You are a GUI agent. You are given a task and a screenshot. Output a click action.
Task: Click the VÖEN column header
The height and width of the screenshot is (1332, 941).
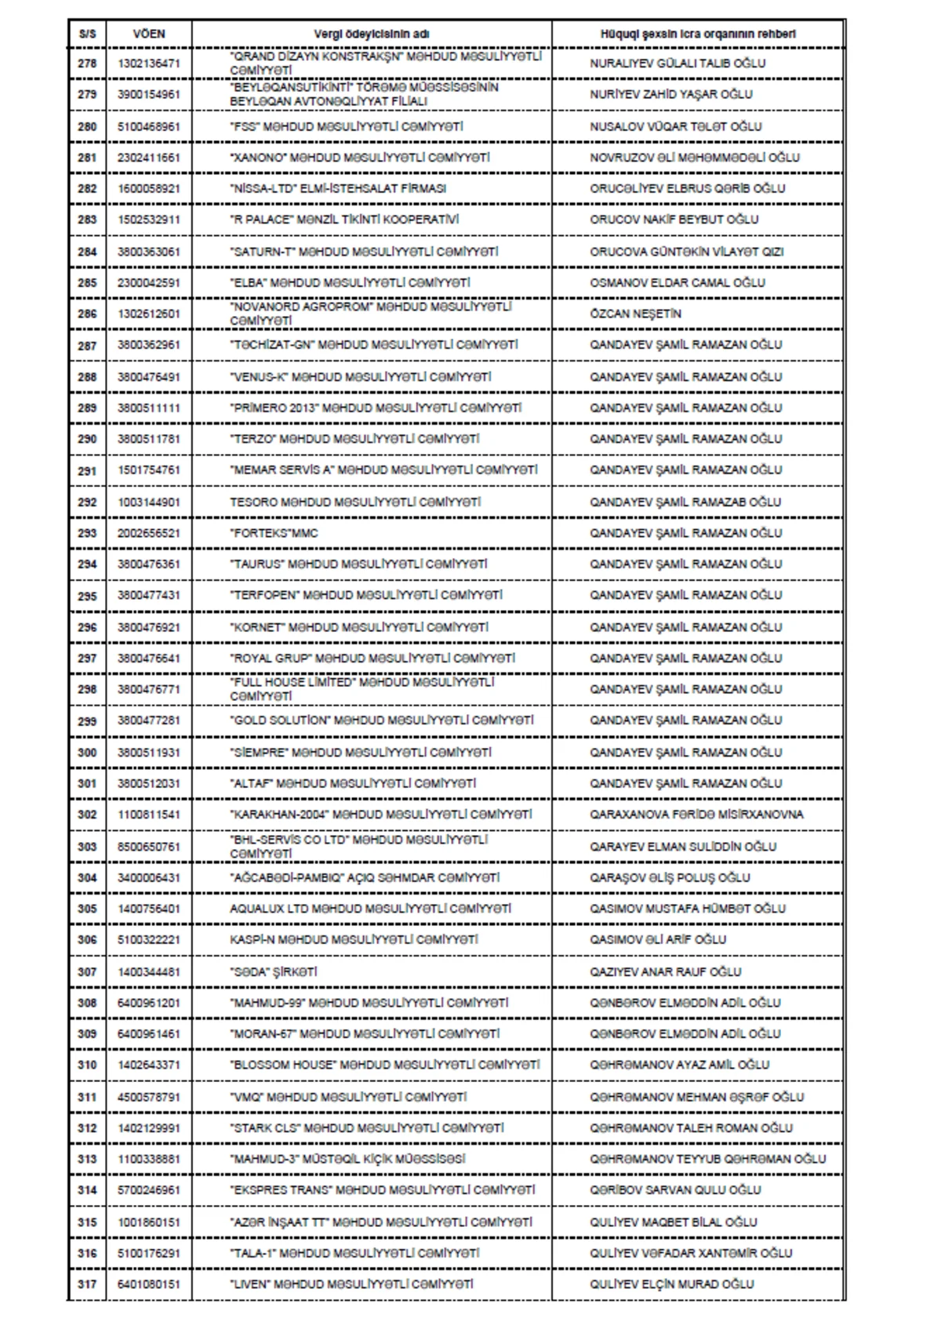149,34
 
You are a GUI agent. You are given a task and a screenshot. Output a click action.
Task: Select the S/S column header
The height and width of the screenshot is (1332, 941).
87,34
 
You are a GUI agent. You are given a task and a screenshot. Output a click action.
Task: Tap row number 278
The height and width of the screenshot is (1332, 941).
87,64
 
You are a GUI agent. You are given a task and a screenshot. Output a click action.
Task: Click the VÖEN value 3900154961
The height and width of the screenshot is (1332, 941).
149,95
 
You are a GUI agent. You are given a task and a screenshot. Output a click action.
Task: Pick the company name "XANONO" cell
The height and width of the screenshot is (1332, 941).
360,158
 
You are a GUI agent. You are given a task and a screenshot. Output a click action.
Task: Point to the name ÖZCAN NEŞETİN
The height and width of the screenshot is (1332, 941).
636,314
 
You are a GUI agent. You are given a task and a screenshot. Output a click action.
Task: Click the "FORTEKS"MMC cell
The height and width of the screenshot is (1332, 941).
274,533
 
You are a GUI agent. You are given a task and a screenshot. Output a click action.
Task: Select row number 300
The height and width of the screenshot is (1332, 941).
87,753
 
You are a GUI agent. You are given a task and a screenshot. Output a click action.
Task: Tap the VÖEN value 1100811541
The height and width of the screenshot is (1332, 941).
149,815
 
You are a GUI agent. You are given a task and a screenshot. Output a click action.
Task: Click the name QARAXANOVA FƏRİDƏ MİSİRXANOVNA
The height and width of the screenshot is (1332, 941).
696,815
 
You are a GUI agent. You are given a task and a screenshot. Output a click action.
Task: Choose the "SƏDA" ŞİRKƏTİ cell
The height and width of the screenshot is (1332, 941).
274,972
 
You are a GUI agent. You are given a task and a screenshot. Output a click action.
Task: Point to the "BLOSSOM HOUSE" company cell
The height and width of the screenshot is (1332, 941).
385,1065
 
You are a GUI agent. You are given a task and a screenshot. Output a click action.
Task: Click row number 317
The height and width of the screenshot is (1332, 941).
87,1284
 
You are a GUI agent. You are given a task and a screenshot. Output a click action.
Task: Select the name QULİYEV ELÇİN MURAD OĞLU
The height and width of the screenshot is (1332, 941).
672,1284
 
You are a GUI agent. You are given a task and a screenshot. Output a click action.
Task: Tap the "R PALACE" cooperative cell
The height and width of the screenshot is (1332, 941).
344,220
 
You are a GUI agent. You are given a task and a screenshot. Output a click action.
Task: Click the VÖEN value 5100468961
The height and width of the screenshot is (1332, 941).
149,126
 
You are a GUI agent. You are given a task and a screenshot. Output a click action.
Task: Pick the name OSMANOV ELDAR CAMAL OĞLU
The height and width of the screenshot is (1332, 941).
678,282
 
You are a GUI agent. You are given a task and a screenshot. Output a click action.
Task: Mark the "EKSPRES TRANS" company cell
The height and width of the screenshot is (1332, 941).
383,1190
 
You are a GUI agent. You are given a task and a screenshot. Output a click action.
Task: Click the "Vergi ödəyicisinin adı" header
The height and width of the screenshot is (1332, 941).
372,34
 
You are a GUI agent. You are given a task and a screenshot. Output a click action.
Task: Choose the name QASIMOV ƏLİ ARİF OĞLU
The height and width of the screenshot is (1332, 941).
658,939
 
